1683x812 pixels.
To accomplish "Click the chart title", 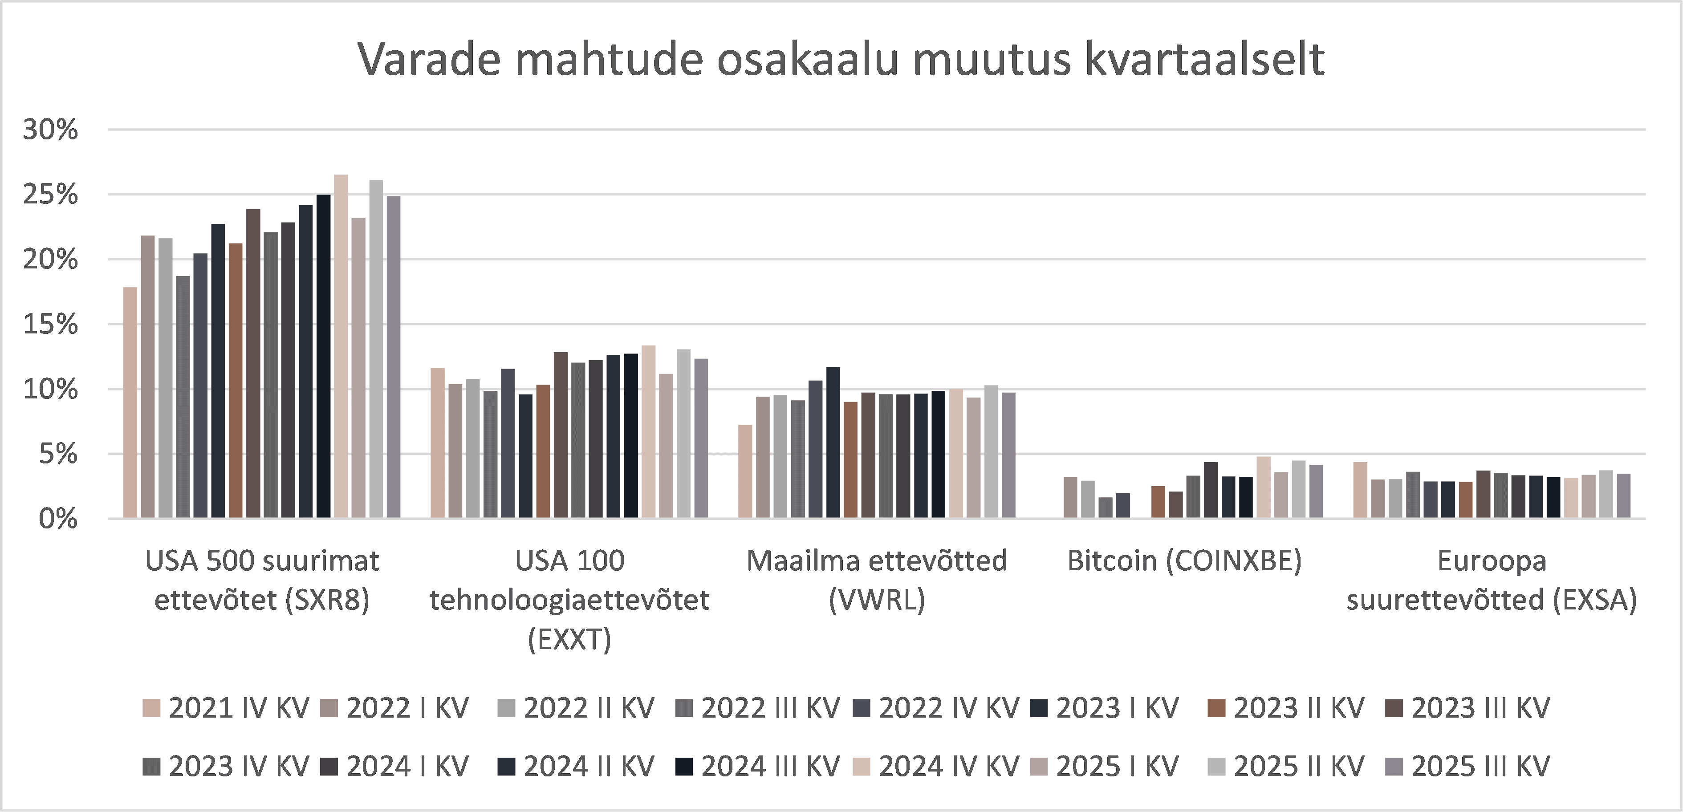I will coord(841,60).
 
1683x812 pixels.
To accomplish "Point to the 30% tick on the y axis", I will coord(50,130).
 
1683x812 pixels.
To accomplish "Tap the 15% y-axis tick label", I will coord(50,325).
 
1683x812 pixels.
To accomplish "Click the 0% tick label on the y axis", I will coord(57,520).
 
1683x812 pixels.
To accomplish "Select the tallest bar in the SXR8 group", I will coord(341,346).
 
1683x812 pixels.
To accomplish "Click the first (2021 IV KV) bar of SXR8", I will coord(130,402).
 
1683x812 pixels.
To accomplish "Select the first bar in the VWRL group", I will coord(745,471).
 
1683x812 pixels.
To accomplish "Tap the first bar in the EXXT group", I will coord(438,443).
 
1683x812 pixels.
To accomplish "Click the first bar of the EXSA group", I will coord(1360,490).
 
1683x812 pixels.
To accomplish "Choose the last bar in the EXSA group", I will coord(1623,496).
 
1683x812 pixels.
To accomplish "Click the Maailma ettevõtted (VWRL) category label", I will coord(877,580).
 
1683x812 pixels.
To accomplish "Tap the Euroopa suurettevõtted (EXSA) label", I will coord(1492,580).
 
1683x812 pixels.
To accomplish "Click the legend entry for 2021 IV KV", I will coord(225,708).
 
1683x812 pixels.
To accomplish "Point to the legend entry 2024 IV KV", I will coord(935,766).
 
